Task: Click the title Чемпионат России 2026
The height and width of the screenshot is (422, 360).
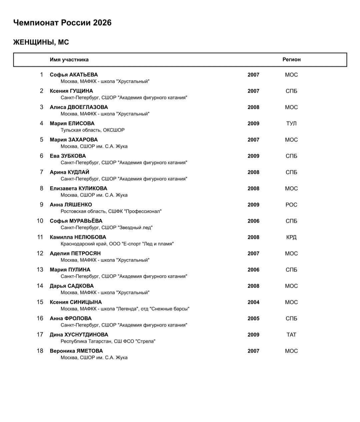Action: point(62,23)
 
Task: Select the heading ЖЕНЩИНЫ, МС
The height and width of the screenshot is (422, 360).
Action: point(41,42)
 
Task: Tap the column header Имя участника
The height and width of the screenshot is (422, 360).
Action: point(69,60)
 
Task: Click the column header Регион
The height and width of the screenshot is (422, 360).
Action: point(291,60)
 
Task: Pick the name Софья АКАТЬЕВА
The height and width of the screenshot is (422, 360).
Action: point(74,75)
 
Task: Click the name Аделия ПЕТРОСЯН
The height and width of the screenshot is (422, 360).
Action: point(75,254)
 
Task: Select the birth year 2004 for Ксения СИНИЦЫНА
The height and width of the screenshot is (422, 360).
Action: point(253,302)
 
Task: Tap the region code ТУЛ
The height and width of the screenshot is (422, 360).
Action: point(291,123)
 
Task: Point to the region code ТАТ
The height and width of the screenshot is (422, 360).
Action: point(291,335)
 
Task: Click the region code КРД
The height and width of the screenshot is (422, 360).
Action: point(291,237)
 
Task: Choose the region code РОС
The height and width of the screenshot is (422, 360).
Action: point(291,205)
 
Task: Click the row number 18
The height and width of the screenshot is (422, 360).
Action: point(40,351)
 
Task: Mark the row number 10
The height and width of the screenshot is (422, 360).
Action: point(40,221)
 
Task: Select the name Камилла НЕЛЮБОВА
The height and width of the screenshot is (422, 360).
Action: point(78,237)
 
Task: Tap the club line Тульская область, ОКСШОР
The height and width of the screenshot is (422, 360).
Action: point(92,130)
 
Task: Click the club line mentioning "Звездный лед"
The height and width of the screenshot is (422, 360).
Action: point(106,228)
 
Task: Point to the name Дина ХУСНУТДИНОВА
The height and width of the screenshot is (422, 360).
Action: point(79,335)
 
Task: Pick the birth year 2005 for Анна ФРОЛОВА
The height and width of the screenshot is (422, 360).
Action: point(253,319)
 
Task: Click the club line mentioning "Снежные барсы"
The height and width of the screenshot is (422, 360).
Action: point(125,309)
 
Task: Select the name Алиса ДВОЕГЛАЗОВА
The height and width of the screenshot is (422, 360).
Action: point(79,107)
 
